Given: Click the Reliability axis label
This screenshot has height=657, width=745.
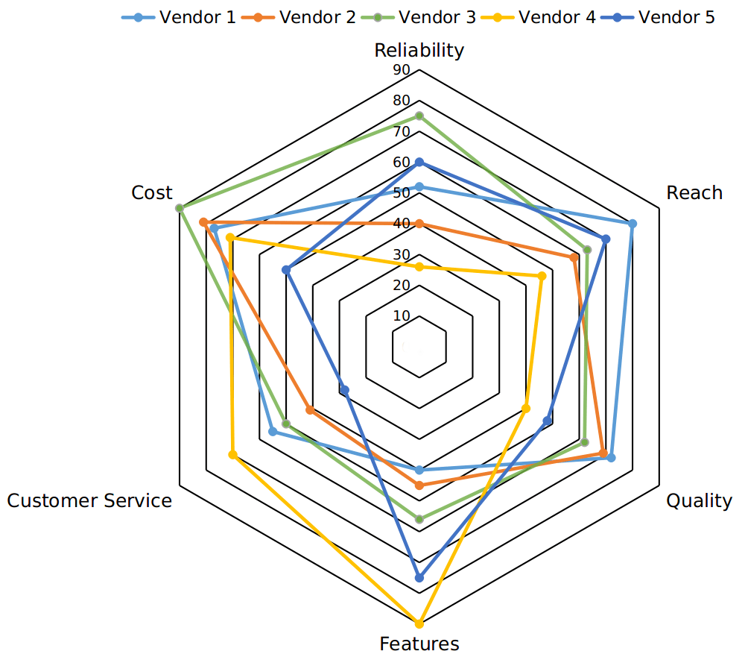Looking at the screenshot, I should [419, 50].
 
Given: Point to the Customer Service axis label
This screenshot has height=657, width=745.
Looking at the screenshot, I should [89, 500].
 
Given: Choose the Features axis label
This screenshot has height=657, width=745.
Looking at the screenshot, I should [419, 644].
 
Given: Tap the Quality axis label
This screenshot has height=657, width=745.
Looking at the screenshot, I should [699, 500].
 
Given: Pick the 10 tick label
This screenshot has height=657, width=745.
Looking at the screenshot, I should [402, 315].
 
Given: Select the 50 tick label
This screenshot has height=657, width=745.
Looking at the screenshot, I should [402, 192].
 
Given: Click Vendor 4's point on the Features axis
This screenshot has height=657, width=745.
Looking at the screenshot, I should [419, 623].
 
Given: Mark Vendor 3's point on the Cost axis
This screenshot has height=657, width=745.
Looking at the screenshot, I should [180, 208].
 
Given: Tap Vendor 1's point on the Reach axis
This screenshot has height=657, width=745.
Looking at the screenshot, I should [633, 223].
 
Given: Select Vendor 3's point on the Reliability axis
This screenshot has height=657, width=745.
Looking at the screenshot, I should [419, 116].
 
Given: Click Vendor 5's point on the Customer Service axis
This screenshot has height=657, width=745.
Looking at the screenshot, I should [344, 389].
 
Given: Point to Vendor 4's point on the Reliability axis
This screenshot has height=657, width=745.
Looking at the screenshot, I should [419, 267].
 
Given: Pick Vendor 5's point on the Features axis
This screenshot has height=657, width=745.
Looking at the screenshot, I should [419, 577].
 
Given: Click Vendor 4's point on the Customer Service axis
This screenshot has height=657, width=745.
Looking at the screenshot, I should [232, 454].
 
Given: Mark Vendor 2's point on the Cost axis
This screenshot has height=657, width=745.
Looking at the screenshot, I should [203, 221].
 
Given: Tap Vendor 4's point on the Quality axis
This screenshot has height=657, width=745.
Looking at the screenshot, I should [525, 408].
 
